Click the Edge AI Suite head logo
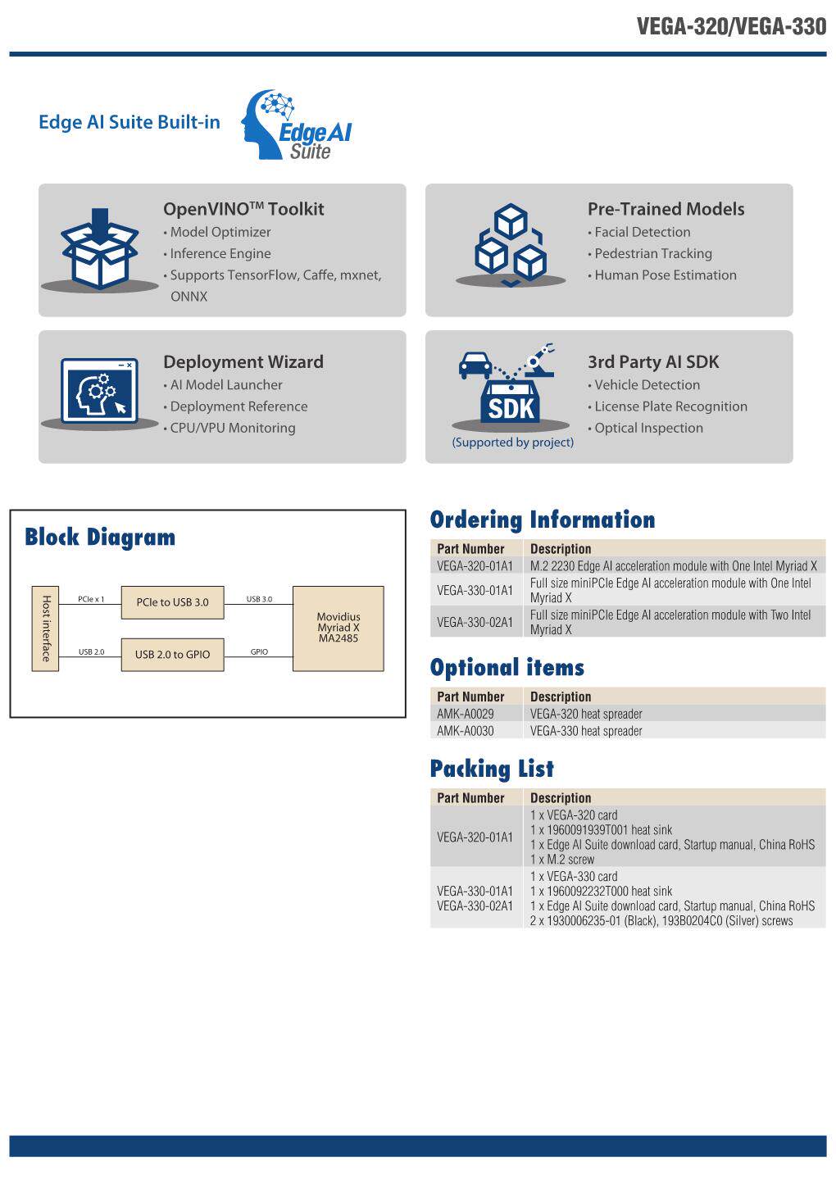[x=297, y=125]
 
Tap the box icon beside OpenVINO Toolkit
[x=99, y=248]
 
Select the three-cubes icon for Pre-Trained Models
[x=511, y=243]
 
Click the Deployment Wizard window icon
[x=99, y=391]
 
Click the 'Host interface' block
[x=45, y=629]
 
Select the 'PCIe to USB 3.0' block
[x=172, y=602]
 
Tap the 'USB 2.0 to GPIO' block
[x=172, y=654]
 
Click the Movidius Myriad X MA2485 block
[x=338, y=628]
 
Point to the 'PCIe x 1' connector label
[x=91, y=599]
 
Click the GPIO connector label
[x=259, y=651]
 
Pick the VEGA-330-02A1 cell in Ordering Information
[x=475, y=622]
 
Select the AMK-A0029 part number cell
[x=466, y=714]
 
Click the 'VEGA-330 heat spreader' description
[x=586, y=731]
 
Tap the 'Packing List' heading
[x=492, y=769]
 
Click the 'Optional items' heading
[x=507, y=667]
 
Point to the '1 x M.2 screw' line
[x=562, y=859]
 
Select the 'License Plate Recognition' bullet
[x=668, y=406]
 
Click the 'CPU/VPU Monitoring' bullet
[x=229, y=428]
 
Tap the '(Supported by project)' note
[x=512, y=442]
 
